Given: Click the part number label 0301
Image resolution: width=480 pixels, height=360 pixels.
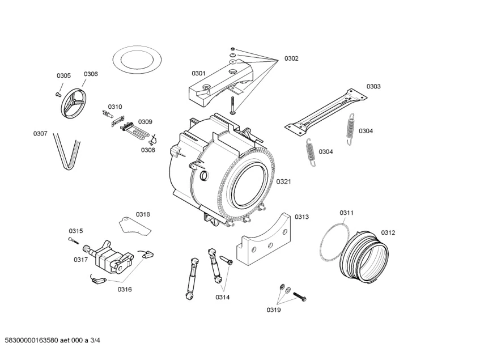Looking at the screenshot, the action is click(x=198, y=74).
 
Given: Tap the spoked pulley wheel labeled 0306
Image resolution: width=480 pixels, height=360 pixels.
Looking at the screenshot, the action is click(x=74, y=103).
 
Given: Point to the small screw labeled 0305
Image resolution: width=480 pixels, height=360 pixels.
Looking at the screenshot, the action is click(x=57, y=94).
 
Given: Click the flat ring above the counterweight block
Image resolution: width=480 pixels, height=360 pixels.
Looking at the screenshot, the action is click(x=137, y=48).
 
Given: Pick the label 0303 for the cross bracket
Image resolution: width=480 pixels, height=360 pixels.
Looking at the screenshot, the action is click(x=373, y=87).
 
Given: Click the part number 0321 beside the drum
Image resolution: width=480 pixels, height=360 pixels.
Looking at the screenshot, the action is click(x=283, y=182).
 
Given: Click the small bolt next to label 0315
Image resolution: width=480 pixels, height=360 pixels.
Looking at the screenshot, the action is click(x=74, y=240).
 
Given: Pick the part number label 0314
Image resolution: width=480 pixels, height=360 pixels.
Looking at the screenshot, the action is click(x=223, y=297).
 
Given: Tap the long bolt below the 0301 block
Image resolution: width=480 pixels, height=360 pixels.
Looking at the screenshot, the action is click(x=233, y=105).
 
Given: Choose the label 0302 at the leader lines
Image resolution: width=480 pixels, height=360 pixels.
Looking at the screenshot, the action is click(x=291, y=58).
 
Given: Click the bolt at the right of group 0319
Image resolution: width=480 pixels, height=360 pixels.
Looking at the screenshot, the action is click(x=300, y=297).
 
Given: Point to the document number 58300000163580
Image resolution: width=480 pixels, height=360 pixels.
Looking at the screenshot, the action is click(x=32, y=340).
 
